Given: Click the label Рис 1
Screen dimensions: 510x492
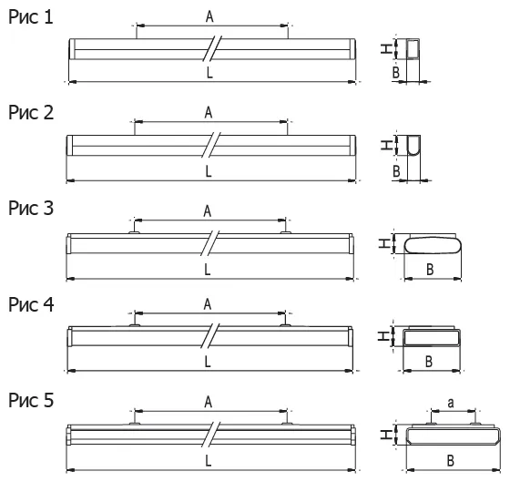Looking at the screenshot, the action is point(31,17).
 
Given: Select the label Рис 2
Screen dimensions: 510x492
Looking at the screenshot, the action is point(31,113).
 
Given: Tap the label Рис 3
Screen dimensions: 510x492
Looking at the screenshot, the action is point(31,208).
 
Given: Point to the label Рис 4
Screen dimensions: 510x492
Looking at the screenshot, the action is point(31,304).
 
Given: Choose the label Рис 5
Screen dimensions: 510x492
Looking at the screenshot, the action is point(31,400).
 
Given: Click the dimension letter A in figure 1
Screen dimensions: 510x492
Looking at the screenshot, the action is point(209,16).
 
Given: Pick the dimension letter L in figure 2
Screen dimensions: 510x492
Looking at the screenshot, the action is point(209,171).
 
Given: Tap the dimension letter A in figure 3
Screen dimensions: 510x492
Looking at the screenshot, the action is point(208,211).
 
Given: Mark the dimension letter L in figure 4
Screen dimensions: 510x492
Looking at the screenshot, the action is point(208,362).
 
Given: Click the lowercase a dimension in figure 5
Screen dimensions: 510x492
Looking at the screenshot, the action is point(451,403).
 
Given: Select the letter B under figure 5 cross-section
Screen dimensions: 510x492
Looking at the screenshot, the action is point(451,460).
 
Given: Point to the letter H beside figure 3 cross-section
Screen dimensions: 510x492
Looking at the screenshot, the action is point(384,243).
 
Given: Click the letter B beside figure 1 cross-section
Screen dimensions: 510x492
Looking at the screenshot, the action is point(396,72).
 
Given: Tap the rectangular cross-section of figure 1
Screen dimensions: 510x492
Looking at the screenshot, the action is point(413,49).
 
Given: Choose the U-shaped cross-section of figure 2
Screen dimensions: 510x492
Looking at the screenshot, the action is point(413,145).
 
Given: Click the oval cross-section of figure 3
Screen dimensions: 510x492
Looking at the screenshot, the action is point(433,245).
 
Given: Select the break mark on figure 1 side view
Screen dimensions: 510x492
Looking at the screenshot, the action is point(211,48).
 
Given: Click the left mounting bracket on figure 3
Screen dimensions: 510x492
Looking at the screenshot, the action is point(134,232).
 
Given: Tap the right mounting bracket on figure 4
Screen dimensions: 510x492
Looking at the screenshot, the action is point(285,325).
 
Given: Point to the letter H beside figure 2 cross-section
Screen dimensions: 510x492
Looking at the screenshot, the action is point(386,145).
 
